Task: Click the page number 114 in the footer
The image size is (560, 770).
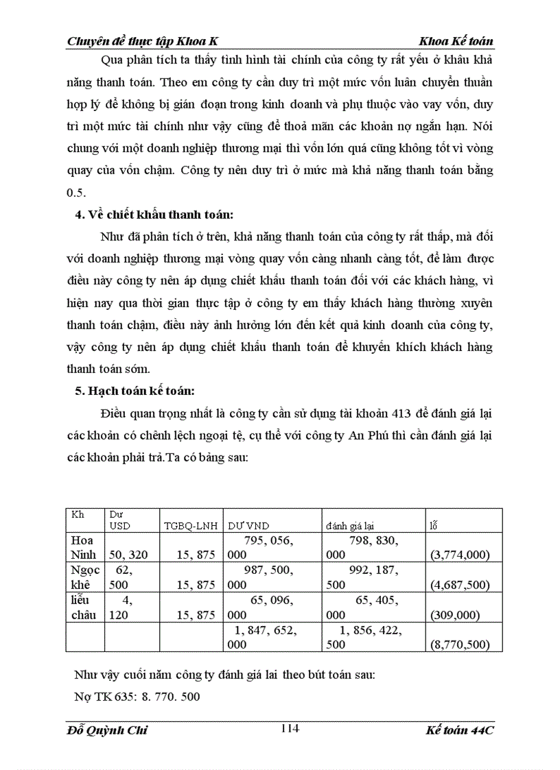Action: click(x=290, y=728)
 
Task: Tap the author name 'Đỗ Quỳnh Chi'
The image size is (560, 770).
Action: click(x=108, y=730)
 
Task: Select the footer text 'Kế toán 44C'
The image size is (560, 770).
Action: click(x=458, y=730)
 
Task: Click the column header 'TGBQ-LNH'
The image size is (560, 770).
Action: click(x=190, y=526)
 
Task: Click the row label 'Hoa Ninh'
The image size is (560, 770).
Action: click(x=83, y=547)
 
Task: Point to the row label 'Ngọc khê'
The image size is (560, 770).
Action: click(x=83, y=577)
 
